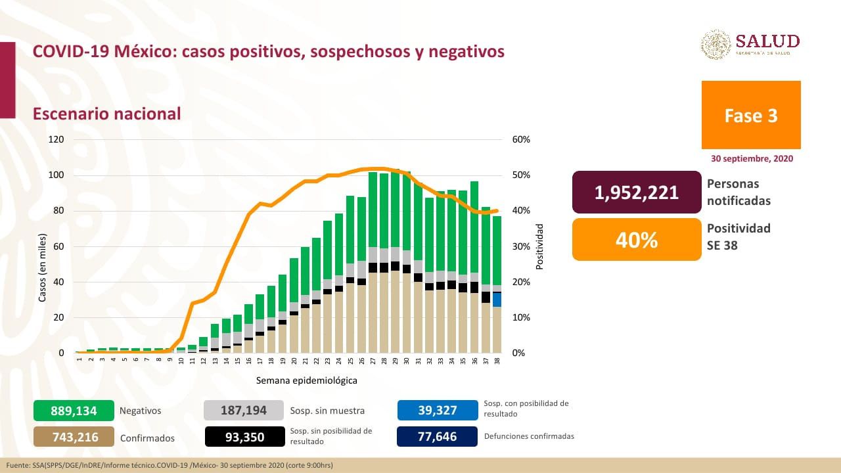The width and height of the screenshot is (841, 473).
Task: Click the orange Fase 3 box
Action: click(x=751, y=115)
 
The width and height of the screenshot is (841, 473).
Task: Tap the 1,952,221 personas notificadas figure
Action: click(x=637, y=192)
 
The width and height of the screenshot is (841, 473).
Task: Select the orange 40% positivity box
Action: click(x=637, y=240)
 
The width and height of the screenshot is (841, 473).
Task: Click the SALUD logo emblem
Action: click(x=716, y=45)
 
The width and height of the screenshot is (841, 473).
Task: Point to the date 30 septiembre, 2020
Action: click(x=752, y=159)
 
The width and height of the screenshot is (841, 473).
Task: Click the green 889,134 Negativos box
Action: click(x=74, y=411)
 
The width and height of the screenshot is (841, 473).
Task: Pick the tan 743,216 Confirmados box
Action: click(x=74, y=437)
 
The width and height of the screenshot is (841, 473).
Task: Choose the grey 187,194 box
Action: click(x=244, y=411)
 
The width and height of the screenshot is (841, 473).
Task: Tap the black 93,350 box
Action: click(x=244, y=437)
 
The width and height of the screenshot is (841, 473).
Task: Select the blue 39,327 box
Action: click(x=437, y=411)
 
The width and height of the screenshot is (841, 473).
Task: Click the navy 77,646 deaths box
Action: click(x=437, y=436)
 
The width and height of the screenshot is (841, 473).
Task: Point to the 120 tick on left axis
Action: click(x=56, y=140)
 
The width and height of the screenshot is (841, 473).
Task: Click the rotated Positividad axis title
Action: click(x=540, y=246)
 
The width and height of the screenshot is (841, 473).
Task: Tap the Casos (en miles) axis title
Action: click(x=43, y=267)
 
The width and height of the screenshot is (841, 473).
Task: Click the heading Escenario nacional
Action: click(x=107, y=114)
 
